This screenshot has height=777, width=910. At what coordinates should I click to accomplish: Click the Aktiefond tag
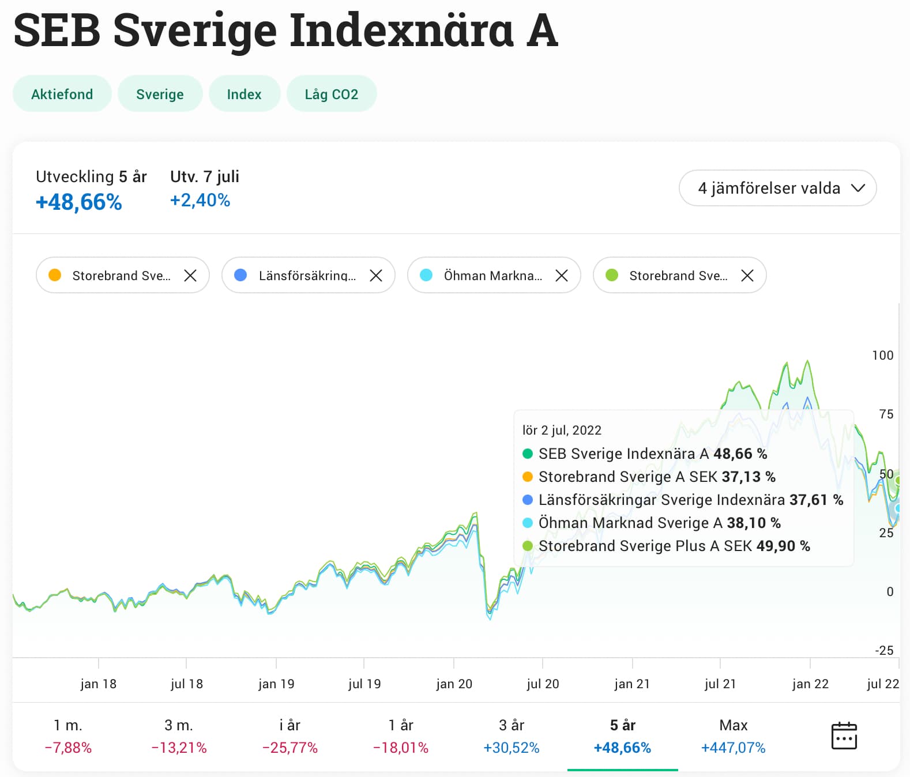pos(62,94)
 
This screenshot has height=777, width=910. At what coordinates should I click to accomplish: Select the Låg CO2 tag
pos(331,94)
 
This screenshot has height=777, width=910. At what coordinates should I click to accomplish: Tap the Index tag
pos(244,94)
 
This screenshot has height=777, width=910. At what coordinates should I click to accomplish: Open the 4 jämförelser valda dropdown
pos(777,188)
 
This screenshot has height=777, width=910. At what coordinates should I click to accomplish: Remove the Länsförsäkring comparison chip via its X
pos(376,276)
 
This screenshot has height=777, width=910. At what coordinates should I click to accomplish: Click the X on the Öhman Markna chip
pos(562,276)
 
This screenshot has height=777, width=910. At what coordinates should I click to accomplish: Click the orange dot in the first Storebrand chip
pos(55,275)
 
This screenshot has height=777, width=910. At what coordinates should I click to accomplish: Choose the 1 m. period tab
pos(68,736)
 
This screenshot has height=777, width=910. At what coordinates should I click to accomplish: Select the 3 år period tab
pos(512,736)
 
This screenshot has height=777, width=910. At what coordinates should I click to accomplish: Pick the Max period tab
pos(733,736)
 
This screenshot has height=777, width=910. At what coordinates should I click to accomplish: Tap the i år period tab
pos(289,736)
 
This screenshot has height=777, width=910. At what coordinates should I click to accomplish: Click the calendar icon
pos(844,735)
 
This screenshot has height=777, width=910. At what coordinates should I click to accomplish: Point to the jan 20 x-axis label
pos(454,684)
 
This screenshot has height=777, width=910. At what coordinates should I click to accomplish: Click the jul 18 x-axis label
pos(186,684)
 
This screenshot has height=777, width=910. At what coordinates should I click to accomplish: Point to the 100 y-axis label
pos(882,355)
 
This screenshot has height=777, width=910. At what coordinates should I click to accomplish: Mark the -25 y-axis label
pos(884,650)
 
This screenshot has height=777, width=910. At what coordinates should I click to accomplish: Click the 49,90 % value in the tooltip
pos(783,546)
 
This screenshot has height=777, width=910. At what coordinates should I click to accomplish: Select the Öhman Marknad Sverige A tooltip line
pos(630,523)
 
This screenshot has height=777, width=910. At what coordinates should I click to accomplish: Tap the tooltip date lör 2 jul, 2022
pos(562,430)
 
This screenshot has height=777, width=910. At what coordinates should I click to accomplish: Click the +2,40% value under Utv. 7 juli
pos(200,200)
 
